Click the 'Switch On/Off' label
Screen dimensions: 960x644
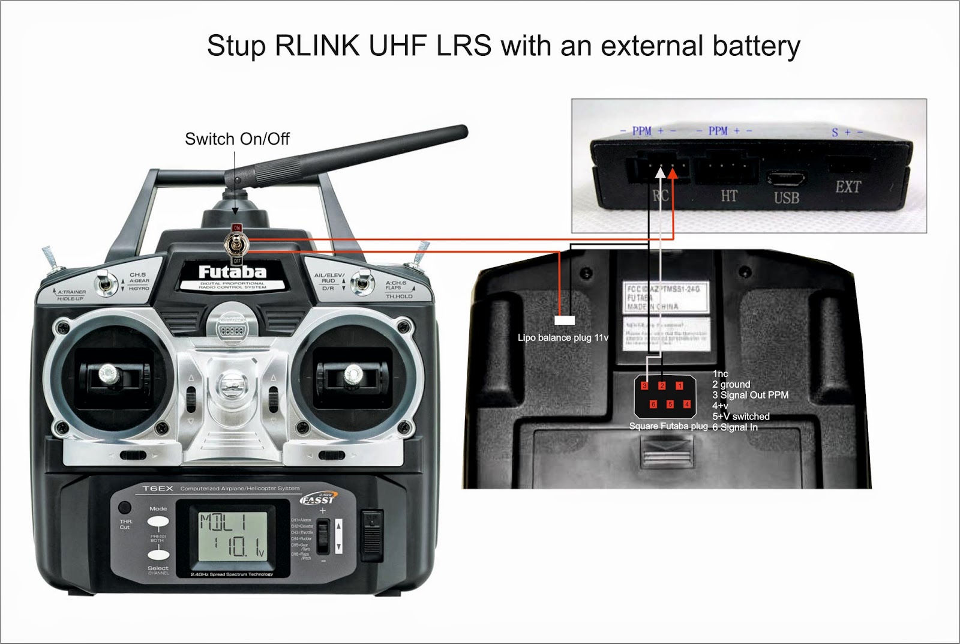point(237,139)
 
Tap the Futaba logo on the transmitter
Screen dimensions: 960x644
point(232,272)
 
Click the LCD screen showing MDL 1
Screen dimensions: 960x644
point(232,536)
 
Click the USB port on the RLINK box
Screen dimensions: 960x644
point(786,178)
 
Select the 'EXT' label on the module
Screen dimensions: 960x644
point(848,187)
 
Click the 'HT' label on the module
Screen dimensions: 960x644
point(729,196)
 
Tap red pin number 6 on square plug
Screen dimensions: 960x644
point(653,405)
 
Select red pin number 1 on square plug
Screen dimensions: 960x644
point(679,386)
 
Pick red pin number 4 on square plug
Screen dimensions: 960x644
point(687,405)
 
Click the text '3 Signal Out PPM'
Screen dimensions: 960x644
point(750,395)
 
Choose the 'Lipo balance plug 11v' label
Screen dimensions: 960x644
point(563,338)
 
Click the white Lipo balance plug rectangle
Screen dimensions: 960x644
point(565,320)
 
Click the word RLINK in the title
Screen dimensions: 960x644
point(317,46)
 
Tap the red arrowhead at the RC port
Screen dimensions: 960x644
point(673,173)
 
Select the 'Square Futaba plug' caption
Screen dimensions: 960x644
point(668,426)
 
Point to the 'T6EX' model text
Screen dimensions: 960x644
point(158,489)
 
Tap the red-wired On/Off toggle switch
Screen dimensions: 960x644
point(236,244)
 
